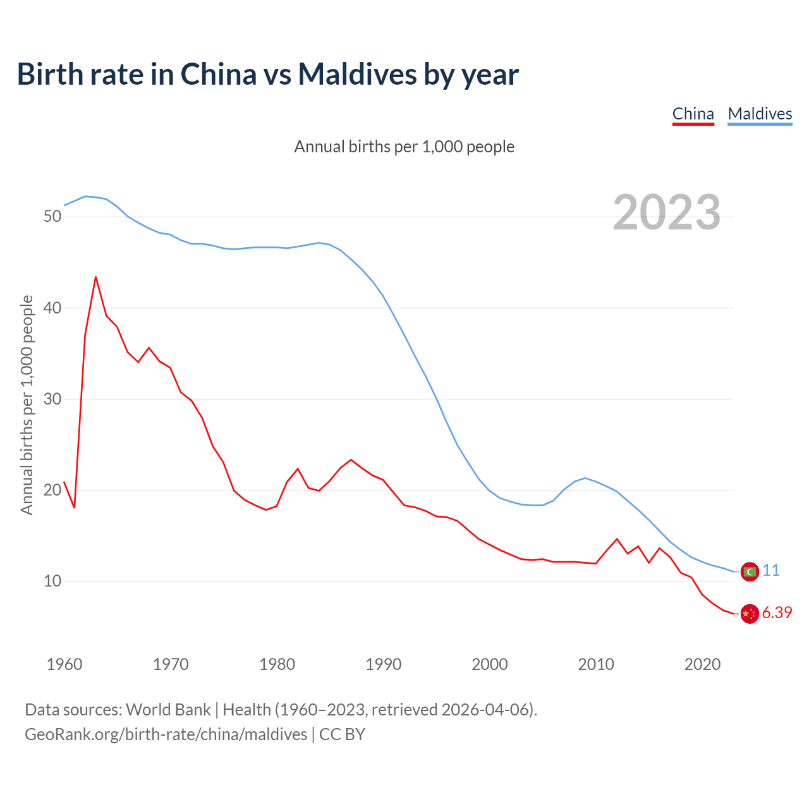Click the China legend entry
pyautogui.click(x=693, y=114)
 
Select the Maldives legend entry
pyautogui.click(x=760, y=114)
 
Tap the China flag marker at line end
pyautogui.click(x=749, y=614)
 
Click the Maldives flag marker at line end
pyautogui.click(x=749, y=571)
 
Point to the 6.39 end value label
pyautogui.click(x=777, y=613)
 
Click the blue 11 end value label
pyautogui.click(x=771, y=571)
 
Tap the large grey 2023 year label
pyautogui.click(x=667, y=212)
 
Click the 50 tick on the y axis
pyautogui.click(x=52, y=216)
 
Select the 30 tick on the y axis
pyautogui.click(x=52, y=399)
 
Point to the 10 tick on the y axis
pyautogui.click(x=52, y=581)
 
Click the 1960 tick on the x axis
pyautogui.click(x=64, y=664)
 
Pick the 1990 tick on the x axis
pyautogui.click(x=384, y=664)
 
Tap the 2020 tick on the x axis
pyautogui.click(x=703, y=664)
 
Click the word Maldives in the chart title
pyautogui.click(x=357, y=74)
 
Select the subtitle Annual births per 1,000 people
pyautogui.click(x=404, y=147)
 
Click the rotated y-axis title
pyautogui.click(x=27, y=404)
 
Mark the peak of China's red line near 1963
pyautogui.click(x=95, y=277)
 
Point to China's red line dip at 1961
pyautogui.click(x=75, y=508)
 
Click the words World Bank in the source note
pyautogui.click(x=168, y=710)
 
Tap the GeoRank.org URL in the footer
pyautogui.click(x=166, y=734)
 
